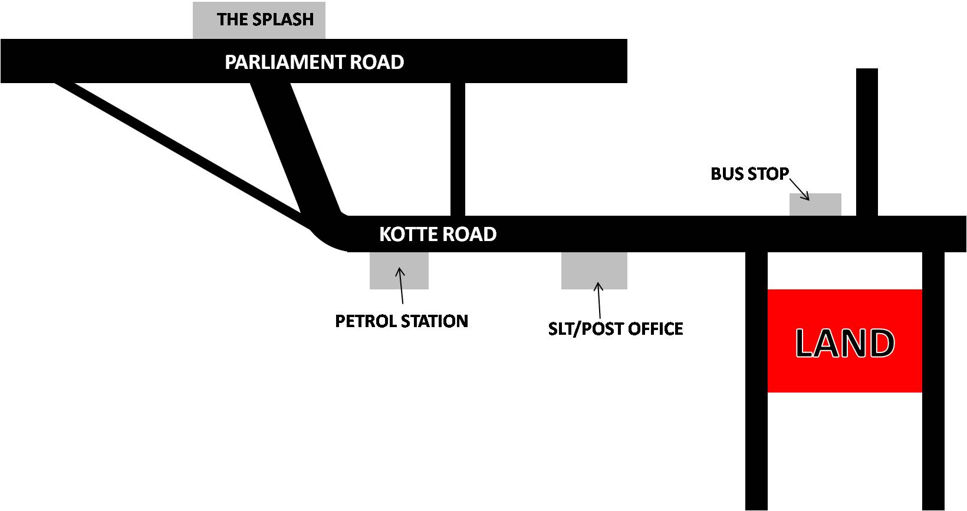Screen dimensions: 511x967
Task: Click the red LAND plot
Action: click(x=844, y=341)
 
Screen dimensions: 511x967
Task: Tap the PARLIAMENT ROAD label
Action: click(x=314, y=62)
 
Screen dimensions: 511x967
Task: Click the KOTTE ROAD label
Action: click(x=438, y=234)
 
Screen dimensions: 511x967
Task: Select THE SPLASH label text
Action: click(x=265, y=19)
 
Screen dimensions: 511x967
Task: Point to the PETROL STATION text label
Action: click(x=401, y=321)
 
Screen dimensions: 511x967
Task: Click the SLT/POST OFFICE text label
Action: click(x=616, y=328)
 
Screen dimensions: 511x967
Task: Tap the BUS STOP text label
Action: click(x=749, y=174)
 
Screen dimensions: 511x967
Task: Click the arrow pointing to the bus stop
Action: click(x=799, y=189)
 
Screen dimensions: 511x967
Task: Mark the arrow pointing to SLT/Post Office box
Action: click(x=599, y=301)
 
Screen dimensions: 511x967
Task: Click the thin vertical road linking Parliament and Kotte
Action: click(x=458, y=147)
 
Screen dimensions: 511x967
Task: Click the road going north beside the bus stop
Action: click(x=867, y=141)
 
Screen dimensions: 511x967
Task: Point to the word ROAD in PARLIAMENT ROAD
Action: click(x=377, y=62)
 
